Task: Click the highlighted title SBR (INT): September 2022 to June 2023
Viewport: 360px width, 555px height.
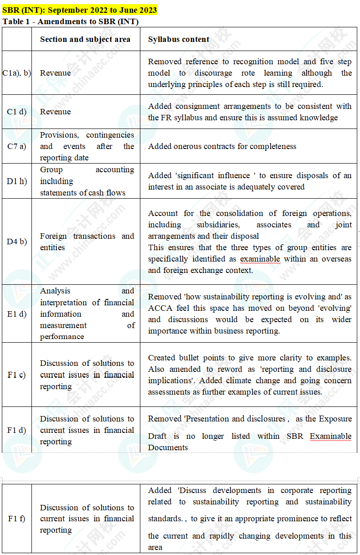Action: click(x=80, y=10)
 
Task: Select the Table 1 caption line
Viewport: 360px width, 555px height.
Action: click(x=71, y=21)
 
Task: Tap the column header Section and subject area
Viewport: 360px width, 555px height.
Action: click(x=85, y=39)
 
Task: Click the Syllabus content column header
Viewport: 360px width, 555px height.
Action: click(x=179, y=39)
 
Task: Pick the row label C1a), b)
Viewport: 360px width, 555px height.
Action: click(x=17, y=73)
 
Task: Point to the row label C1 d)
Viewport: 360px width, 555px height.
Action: click(x=17, y=112)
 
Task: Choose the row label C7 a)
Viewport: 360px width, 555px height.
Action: click(x=17, y=146)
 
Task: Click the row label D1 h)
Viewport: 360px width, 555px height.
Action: click(x=17, y=181)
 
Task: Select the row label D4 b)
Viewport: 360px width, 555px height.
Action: click(x=17, y=242)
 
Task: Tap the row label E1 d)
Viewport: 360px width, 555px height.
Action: click(x=17, y=314)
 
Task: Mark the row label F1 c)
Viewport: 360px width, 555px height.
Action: click(x=17, y=375)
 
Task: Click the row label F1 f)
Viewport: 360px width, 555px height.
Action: click(x=17, y=519)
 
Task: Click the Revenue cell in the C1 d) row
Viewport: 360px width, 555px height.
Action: click(x=56, y=112)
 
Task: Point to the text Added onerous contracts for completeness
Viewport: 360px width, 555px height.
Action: click(x=222, y=146)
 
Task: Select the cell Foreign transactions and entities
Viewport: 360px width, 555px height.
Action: click(x=87, y=242)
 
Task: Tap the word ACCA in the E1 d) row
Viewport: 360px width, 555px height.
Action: click(x=159, y=308)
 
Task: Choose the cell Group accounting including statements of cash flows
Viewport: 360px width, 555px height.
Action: click(x=87, y=181)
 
